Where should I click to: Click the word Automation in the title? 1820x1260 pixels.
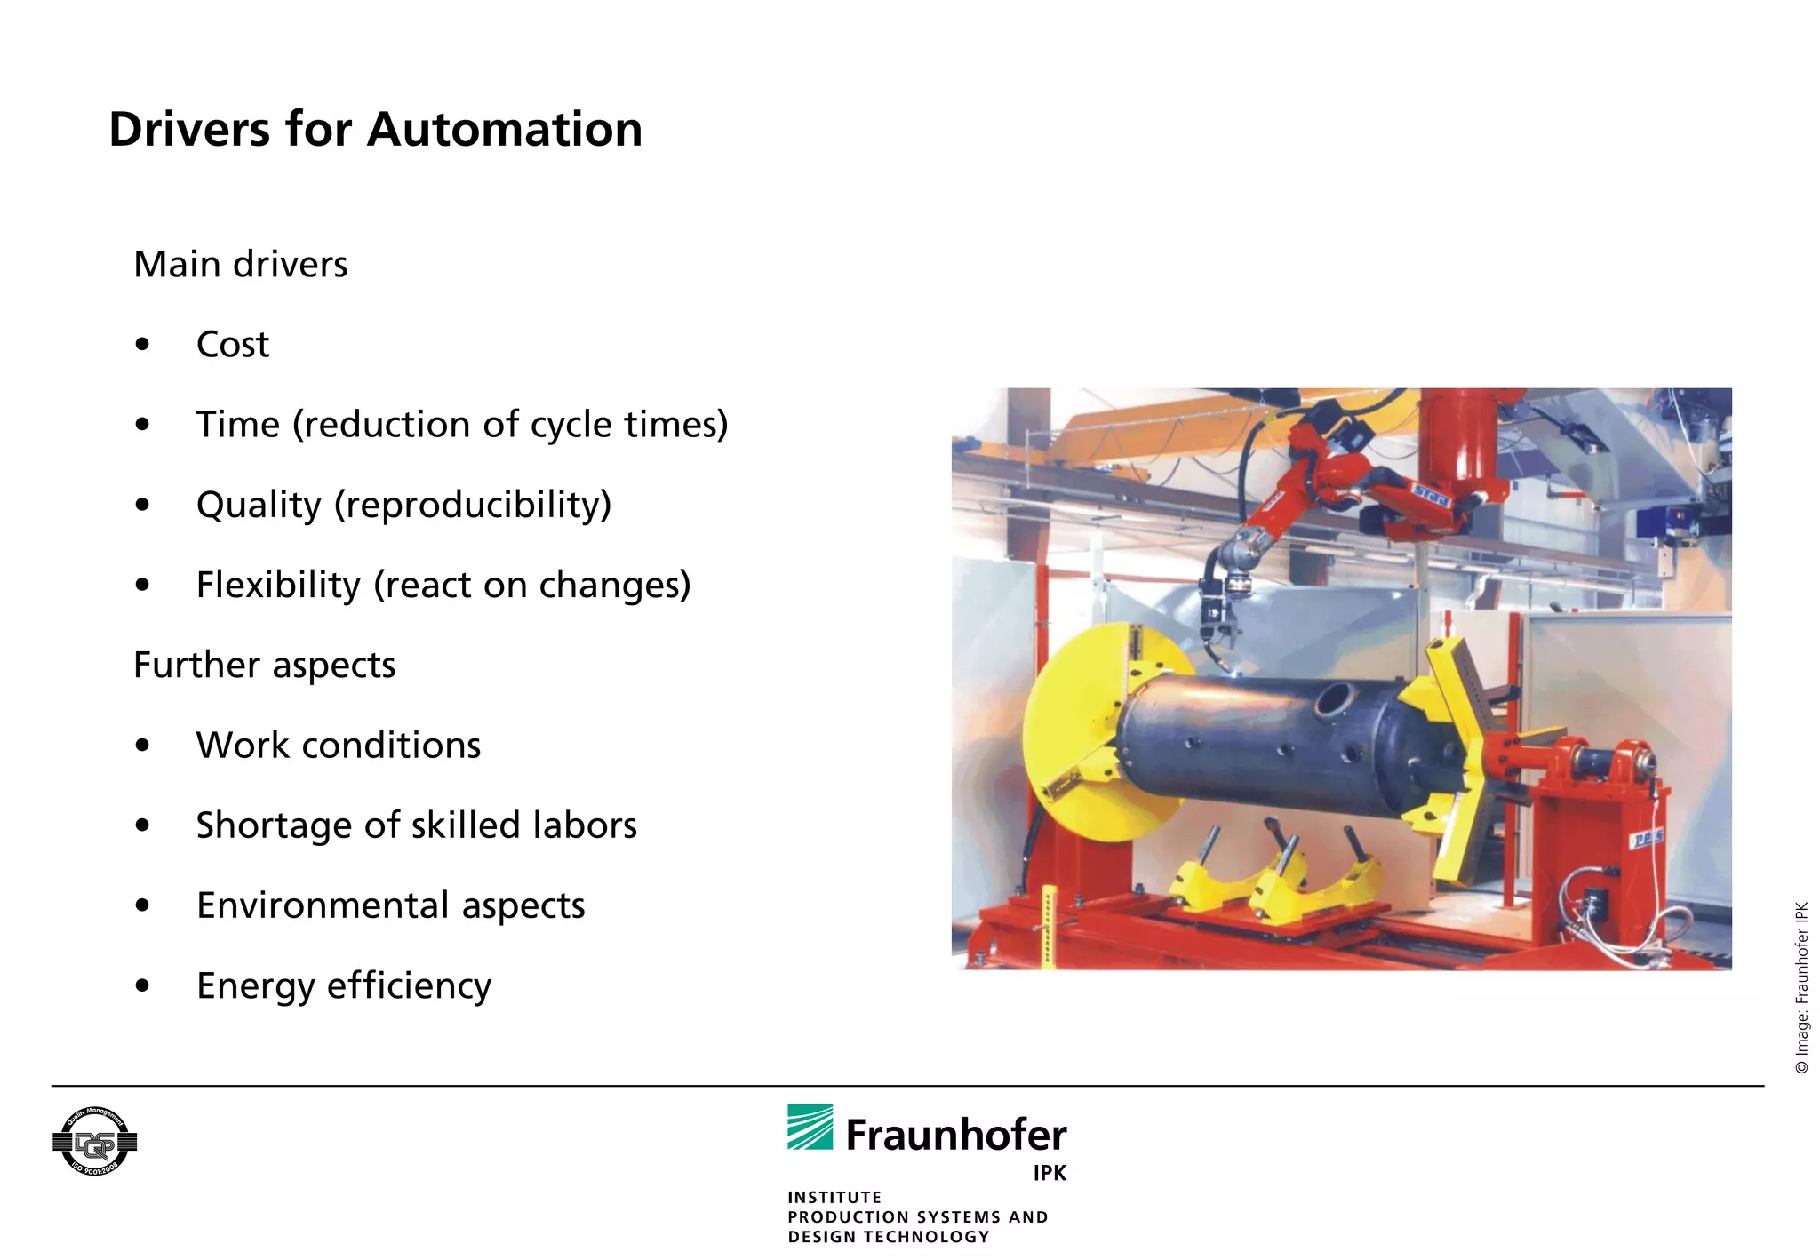[504, 130]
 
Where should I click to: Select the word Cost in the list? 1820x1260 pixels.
[232, 345]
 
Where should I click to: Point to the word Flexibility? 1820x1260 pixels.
[277, 586]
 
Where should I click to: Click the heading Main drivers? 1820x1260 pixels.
[240, 265]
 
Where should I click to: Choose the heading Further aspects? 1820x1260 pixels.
[264, 666]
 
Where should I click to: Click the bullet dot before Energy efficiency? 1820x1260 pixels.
[142, 985]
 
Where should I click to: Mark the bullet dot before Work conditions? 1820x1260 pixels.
[142, 746]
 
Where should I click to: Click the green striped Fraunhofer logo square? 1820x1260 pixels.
[810, 1127]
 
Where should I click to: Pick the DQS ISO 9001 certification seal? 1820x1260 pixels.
[94, 1142]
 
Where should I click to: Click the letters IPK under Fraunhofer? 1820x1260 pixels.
[1050, 1173]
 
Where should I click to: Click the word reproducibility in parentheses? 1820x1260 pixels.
[473, 506]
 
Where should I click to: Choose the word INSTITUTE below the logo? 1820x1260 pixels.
[834, 1197]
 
